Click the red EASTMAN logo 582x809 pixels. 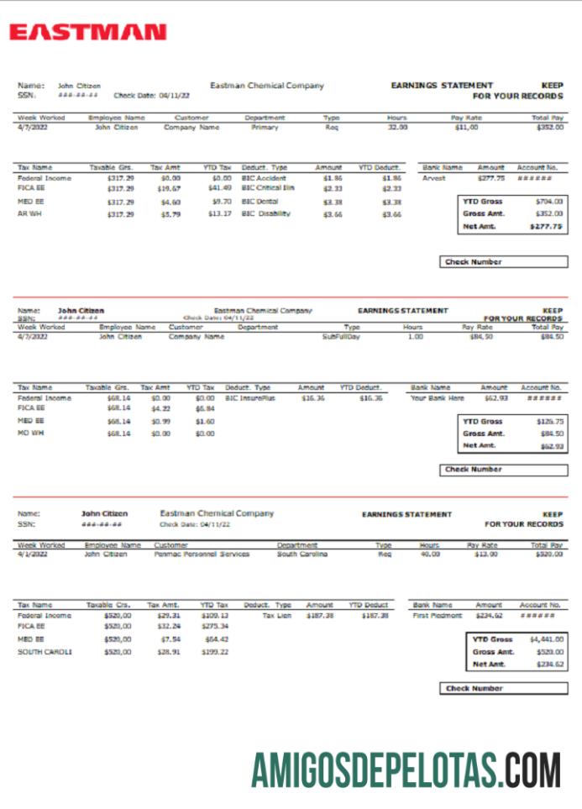click(88, 32)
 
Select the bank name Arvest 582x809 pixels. click(434, 178)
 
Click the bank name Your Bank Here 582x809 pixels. click(437, 398)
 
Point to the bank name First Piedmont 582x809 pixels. click(438, 616)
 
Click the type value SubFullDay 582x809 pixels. click(341, 336)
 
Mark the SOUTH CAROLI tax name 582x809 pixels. click(45, 651)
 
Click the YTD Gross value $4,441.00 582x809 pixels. click(546, 639)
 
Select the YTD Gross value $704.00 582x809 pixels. click(549, 202)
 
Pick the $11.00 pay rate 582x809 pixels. click(466, 128)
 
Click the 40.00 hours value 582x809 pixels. click(429, 554)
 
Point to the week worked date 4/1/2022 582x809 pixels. click(33, 554)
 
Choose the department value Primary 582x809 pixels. click(265, 128)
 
